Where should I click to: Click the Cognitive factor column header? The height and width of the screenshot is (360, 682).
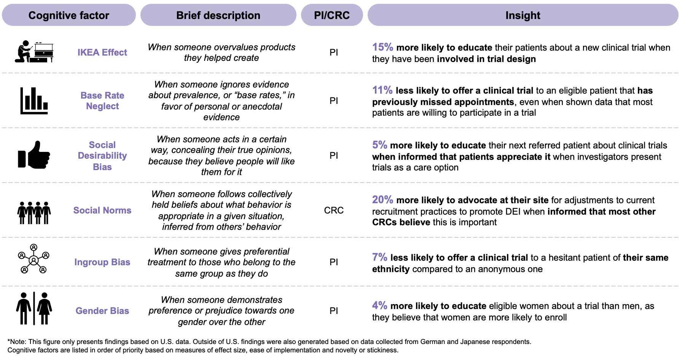click(69, 15)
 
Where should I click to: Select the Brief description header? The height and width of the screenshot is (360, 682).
click(218, 15)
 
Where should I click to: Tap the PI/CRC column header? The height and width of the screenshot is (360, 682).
click(332, 15)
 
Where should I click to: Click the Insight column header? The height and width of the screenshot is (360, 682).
click(523, 15)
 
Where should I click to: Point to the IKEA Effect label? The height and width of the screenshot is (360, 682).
click(102, 53)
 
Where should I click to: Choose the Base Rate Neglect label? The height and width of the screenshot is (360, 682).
click(102, 101)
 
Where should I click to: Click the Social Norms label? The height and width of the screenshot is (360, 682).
click(102, 210)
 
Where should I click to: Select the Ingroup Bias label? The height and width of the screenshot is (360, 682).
click(102, 262)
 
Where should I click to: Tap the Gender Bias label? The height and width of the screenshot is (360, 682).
click(102, 311)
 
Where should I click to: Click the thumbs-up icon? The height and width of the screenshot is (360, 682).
click(34, 155)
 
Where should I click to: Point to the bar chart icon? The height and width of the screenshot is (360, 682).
click(34, 101)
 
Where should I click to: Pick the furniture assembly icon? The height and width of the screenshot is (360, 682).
click(34, 52)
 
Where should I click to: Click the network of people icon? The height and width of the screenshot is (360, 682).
click(34, 259)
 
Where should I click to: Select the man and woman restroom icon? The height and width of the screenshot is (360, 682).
click(34, 309)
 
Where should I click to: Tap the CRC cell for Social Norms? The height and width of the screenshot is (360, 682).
click(334, 210)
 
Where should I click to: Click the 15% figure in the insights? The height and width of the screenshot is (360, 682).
click(382, 47)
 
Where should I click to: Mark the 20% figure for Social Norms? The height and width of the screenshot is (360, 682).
click(382, 200)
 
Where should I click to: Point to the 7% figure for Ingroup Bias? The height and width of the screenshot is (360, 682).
click(379, 257)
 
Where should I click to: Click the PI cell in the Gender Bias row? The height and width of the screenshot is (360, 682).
click(334, 311)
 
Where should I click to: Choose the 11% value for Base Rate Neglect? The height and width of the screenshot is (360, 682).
click(382, 90)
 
